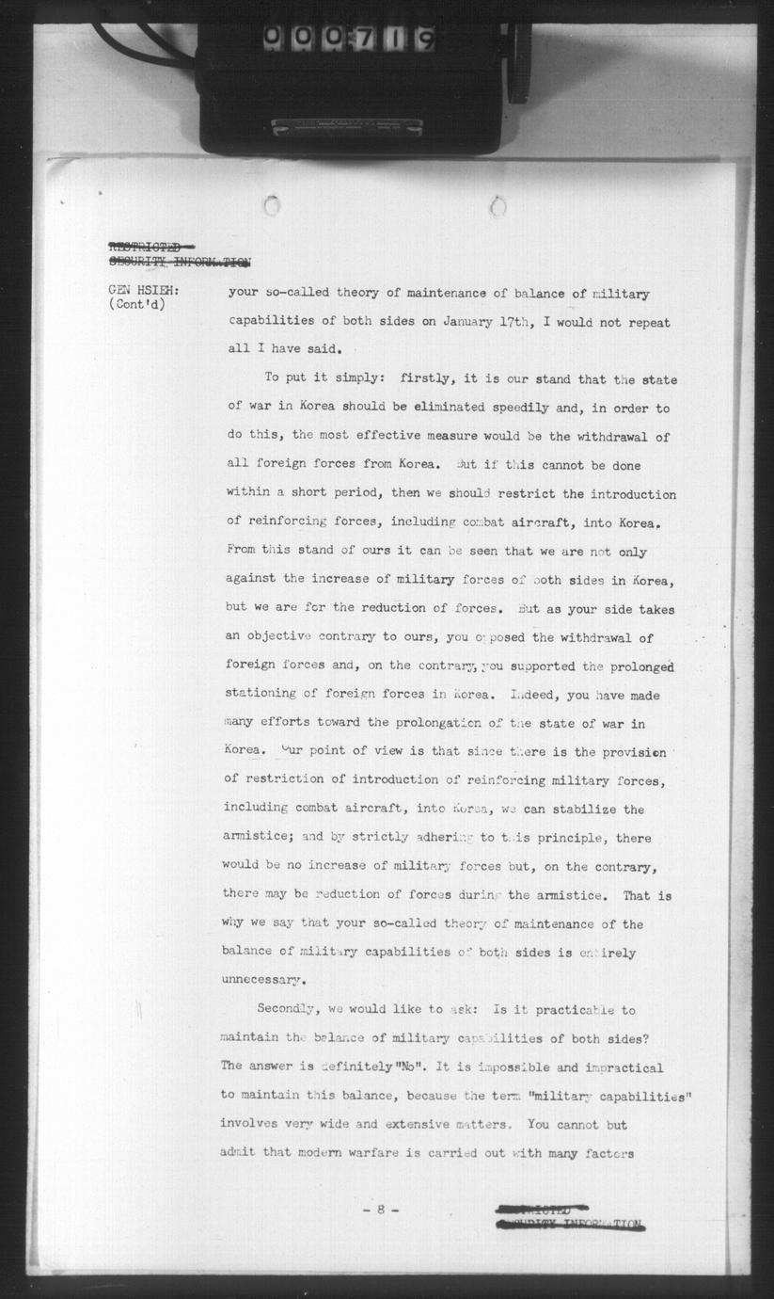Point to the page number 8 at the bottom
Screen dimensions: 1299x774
click(x=381, y=1210)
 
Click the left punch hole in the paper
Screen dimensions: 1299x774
click(x=272, y=204)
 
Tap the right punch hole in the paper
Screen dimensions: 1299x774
click(x=498, y=204)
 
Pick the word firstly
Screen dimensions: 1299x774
click(x=426, y=379)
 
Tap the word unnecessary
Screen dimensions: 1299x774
click(x=263, y=981)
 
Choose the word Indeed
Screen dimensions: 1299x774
click(x=536, y=695)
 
